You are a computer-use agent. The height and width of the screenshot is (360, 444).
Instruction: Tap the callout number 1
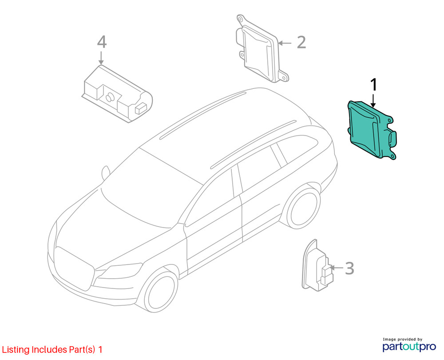[x=373, y=84]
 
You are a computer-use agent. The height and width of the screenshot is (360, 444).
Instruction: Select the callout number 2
[x=301, y=43]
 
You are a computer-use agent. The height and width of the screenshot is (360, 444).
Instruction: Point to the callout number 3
[x=349, y=268]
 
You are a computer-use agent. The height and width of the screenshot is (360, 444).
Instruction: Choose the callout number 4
[x=102, y=42]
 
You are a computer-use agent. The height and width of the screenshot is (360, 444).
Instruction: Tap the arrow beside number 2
[x=285, y=43]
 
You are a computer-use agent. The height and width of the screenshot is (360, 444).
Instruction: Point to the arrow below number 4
[x=101, y=58]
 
